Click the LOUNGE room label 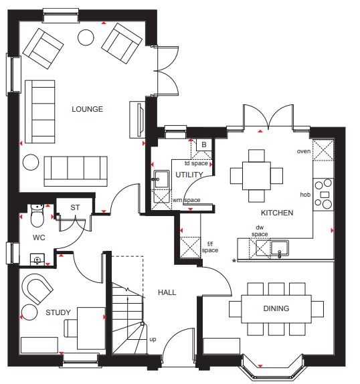click(x=87, y=109)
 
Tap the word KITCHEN click(x=277, y=213)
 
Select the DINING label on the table click(x=276, y=308)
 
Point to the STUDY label click(x=58, y=312)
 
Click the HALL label click(x=167, y=292)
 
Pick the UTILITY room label click(x=189, y=175)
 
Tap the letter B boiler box click(x=204, y=145)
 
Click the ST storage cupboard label click(x=75, y=207)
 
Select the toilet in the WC click(x=37, y=215)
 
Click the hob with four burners click(x=323, y=195)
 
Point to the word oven click(x=304, y=151)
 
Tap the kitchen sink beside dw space click(x=280, y=248)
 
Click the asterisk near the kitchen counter click(x=234, y=261)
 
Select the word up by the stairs click(x=153, y=339)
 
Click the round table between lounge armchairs click(x=86, y=37)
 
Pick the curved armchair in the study click(x=37, y=288)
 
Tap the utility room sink click(x=161, y=179)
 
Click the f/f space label click(x=210, y=247)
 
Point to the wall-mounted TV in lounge click(x=139, y=120)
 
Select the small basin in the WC click(x=37, y=260)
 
